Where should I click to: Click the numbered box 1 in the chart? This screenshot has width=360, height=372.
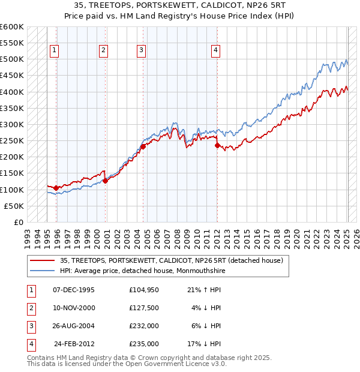coord(54,51)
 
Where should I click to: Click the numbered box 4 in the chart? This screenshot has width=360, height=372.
coord(215,51)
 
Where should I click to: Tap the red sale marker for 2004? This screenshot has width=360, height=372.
coord(143,146)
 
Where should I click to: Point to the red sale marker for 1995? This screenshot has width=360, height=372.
coord(56,188)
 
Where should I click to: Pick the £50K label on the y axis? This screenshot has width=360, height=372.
coord(14,206)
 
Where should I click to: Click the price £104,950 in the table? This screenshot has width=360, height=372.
coord(144,290)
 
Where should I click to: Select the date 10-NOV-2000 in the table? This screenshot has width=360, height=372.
coord(74,308)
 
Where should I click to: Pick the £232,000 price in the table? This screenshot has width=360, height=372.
coord(144,326)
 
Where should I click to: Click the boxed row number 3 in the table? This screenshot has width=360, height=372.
coord(31,326)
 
